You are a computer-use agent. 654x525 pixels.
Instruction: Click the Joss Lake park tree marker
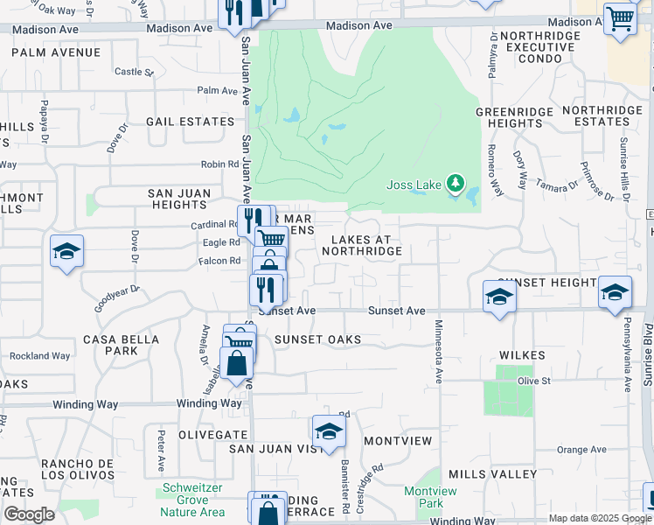click(455, 183)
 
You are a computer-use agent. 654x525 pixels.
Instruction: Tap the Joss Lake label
click(415, 185)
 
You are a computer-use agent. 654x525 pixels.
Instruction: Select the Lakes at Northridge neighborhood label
click(361, 245)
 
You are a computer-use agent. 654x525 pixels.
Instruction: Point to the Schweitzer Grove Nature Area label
click(192, 500)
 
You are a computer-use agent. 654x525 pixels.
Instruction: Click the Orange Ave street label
click(581, 450)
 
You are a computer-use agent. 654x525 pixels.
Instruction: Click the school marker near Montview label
click(329, 431)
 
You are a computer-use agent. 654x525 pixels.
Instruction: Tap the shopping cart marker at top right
click(620, 17)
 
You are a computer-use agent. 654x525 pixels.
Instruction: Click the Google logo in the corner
click(29, 514)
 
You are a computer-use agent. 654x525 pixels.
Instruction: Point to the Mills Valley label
click(492, 474)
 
